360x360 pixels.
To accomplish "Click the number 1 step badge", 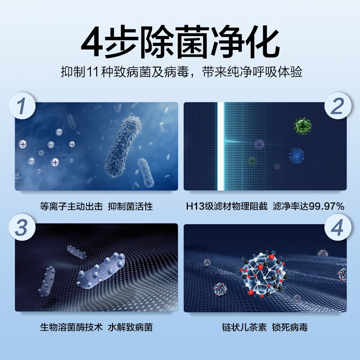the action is click(x=22, y=106).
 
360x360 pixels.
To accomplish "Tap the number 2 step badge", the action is click(x=338, y=106).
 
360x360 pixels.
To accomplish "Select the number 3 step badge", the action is click(x=22, y=227).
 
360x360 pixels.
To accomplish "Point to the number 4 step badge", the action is click(x=338, y=227).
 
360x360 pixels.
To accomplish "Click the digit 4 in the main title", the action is click(x=92, y=41).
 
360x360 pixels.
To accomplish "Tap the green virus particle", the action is click(x=302, y=126).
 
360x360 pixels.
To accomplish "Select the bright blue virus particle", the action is click(x=297, y=155).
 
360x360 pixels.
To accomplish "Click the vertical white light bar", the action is click(x=220, y=146).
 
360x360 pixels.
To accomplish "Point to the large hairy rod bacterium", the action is click(x=122, y=147).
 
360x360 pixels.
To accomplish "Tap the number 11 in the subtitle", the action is click(x=93, y=72).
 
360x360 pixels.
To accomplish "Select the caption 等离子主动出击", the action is click(x=72, y=206).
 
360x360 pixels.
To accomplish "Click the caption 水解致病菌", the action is click(x=130, y=327).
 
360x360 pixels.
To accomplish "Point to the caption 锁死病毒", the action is click(x=290, y=327).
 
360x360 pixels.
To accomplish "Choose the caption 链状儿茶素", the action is click(x=244, y=327).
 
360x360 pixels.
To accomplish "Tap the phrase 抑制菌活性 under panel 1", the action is click(x=130, y=206).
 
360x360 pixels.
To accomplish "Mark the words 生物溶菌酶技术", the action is click(x=72, y=327).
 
